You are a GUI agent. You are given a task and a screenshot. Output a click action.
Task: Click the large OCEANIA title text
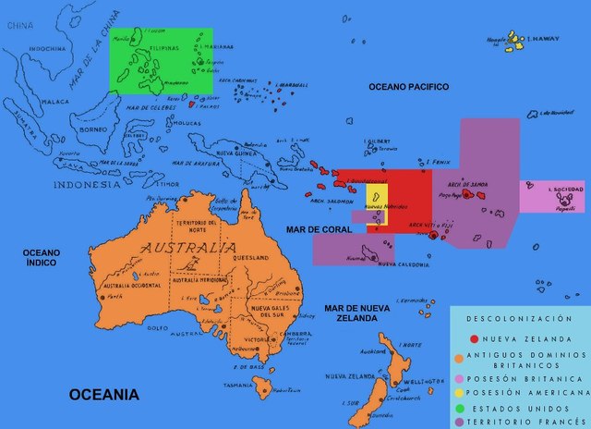pyautogui.click(x=103, y=395)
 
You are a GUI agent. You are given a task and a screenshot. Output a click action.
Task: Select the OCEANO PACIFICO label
pyautogui.click(x=408, y=87)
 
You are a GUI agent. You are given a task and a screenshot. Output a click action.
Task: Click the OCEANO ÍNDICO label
pyautogui.click(x=41, y=257)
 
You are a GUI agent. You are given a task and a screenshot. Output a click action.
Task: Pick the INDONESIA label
pyautogui.click(x=86, y=184)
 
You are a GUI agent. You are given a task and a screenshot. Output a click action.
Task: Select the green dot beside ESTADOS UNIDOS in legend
pyautogui.click(x=461, y=406)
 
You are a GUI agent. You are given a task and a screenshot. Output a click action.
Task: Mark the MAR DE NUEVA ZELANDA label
pyautogui.click(x=350, y=312)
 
